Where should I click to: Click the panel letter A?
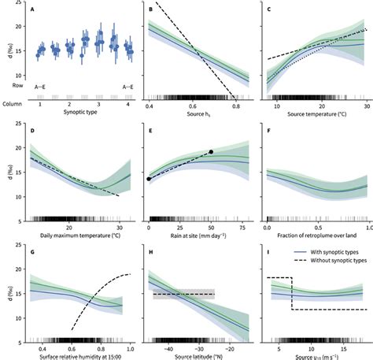pyautogui.click(x=32, y=10)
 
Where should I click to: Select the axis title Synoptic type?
pyautogui.click(x=80, y=113)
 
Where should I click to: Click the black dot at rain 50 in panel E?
pyautogui.click(x=211, y=151)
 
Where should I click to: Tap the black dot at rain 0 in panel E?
pyautogui.click(x=150, y=180)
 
